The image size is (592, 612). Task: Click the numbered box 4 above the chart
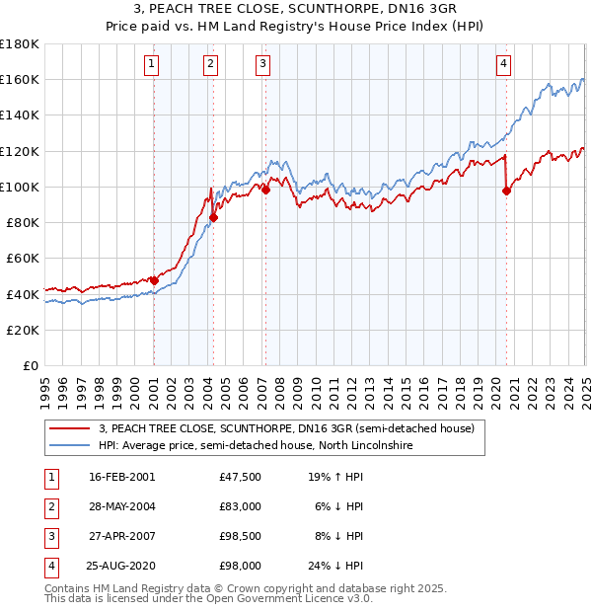[x=503, y=65]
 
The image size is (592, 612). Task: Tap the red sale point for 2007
[x=265, y=190]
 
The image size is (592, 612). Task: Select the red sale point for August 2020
[x=506, y=191]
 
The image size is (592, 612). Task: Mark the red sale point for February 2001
[x=154, y=280]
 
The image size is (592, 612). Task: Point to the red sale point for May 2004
[x=213, y=217]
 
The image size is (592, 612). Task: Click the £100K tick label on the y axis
[x=20, y=187]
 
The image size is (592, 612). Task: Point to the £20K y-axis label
[x=23, y=330]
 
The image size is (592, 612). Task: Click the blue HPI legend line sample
[x=70, y=446]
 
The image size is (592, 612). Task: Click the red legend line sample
[x=70, y=428]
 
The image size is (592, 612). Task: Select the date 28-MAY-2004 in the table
[x=121, y=506]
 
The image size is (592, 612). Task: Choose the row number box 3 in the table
[x=51, y=536]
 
